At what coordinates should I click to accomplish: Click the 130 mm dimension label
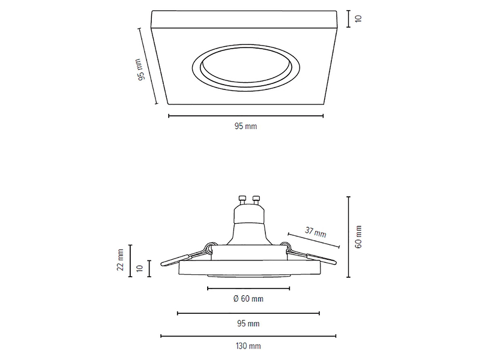tap(249, 346)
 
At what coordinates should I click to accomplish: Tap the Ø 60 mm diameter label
tap(248, 299)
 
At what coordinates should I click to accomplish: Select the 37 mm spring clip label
tap(316, 232)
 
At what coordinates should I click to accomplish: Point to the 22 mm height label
tap(120, 260)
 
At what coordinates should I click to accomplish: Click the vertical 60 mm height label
tap(358, 237)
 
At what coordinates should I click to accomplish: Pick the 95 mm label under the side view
tap(248, 323)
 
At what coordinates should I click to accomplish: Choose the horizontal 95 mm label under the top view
tap(246, 126)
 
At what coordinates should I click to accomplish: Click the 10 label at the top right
tap(358, 19)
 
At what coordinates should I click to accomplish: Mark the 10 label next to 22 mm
tap(140, 269)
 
